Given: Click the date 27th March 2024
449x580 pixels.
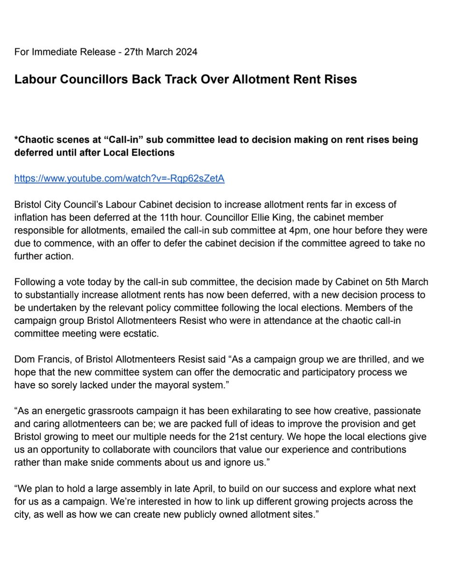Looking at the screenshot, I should pos(160,52).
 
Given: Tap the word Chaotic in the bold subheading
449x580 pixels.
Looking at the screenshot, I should pos(37,140).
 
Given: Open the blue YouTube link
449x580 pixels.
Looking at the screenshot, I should pos(119,179).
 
